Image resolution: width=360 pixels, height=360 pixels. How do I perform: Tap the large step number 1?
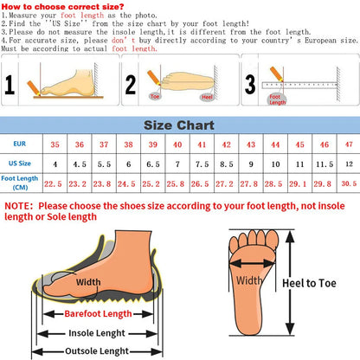(10, 85)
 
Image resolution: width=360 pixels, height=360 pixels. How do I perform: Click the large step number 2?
(132, 85)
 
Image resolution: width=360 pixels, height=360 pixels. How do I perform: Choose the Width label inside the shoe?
(87, 281)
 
